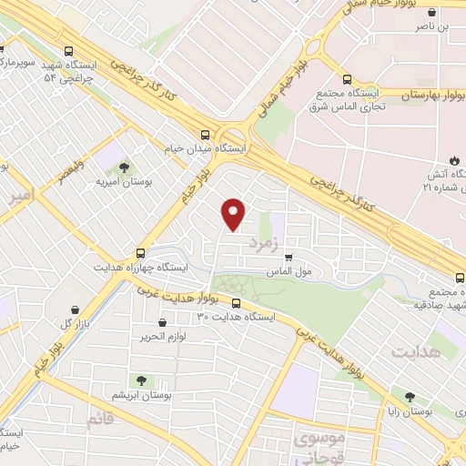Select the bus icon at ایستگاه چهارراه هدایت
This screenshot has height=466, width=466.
coord(140,253)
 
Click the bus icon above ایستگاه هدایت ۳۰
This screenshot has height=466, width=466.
coord(237,302)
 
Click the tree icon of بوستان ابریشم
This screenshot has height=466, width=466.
coord(140,380)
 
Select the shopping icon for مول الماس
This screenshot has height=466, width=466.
coord(289,258)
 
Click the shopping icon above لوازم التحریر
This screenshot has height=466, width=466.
coord(162,322)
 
